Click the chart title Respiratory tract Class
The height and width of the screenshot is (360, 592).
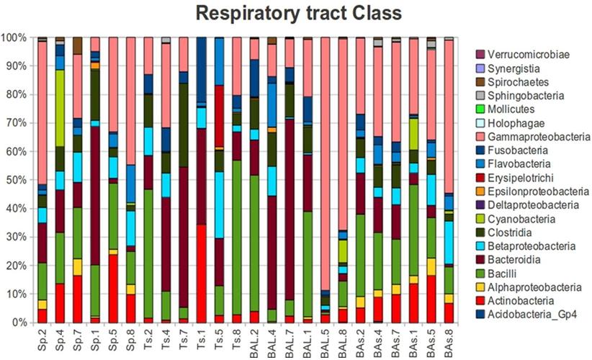tap(295, 14)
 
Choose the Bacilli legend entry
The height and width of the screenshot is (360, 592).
tap(498, 273)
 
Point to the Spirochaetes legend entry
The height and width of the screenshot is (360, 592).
tap(512, 81)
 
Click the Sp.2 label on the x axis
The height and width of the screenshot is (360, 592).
tap(42, 339)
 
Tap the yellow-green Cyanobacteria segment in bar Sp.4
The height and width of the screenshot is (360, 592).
tap(60, 108)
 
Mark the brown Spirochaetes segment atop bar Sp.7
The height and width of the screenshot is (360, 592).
tap(78, 45)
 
